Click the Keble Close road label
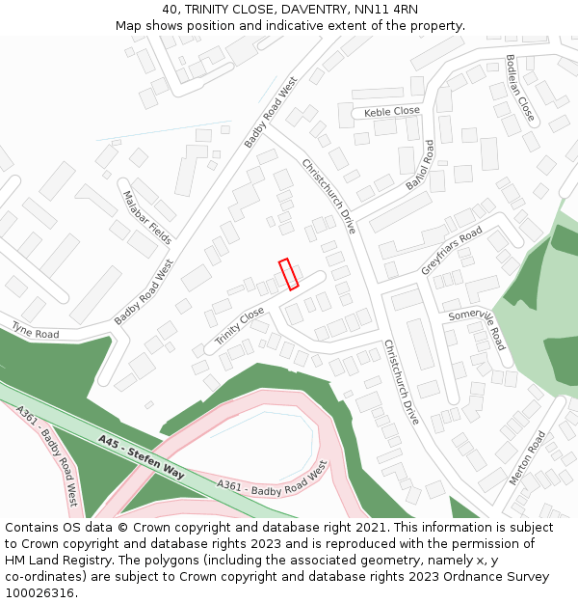pos(392,112)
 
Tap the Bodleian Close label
pos(519,88)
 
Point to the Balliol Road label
pos(419,166)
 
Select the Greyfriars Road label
pos(451,252)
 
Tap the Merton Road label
pos(527,457)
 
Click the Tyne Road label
pos(35,332)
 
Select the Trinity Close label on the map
pos(239,326)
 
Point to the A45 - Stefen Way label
pos(141,456)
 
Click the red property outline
pos(288,274)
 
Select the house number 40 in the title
pos(171,10)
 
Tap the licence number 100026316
pos(39,592)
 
